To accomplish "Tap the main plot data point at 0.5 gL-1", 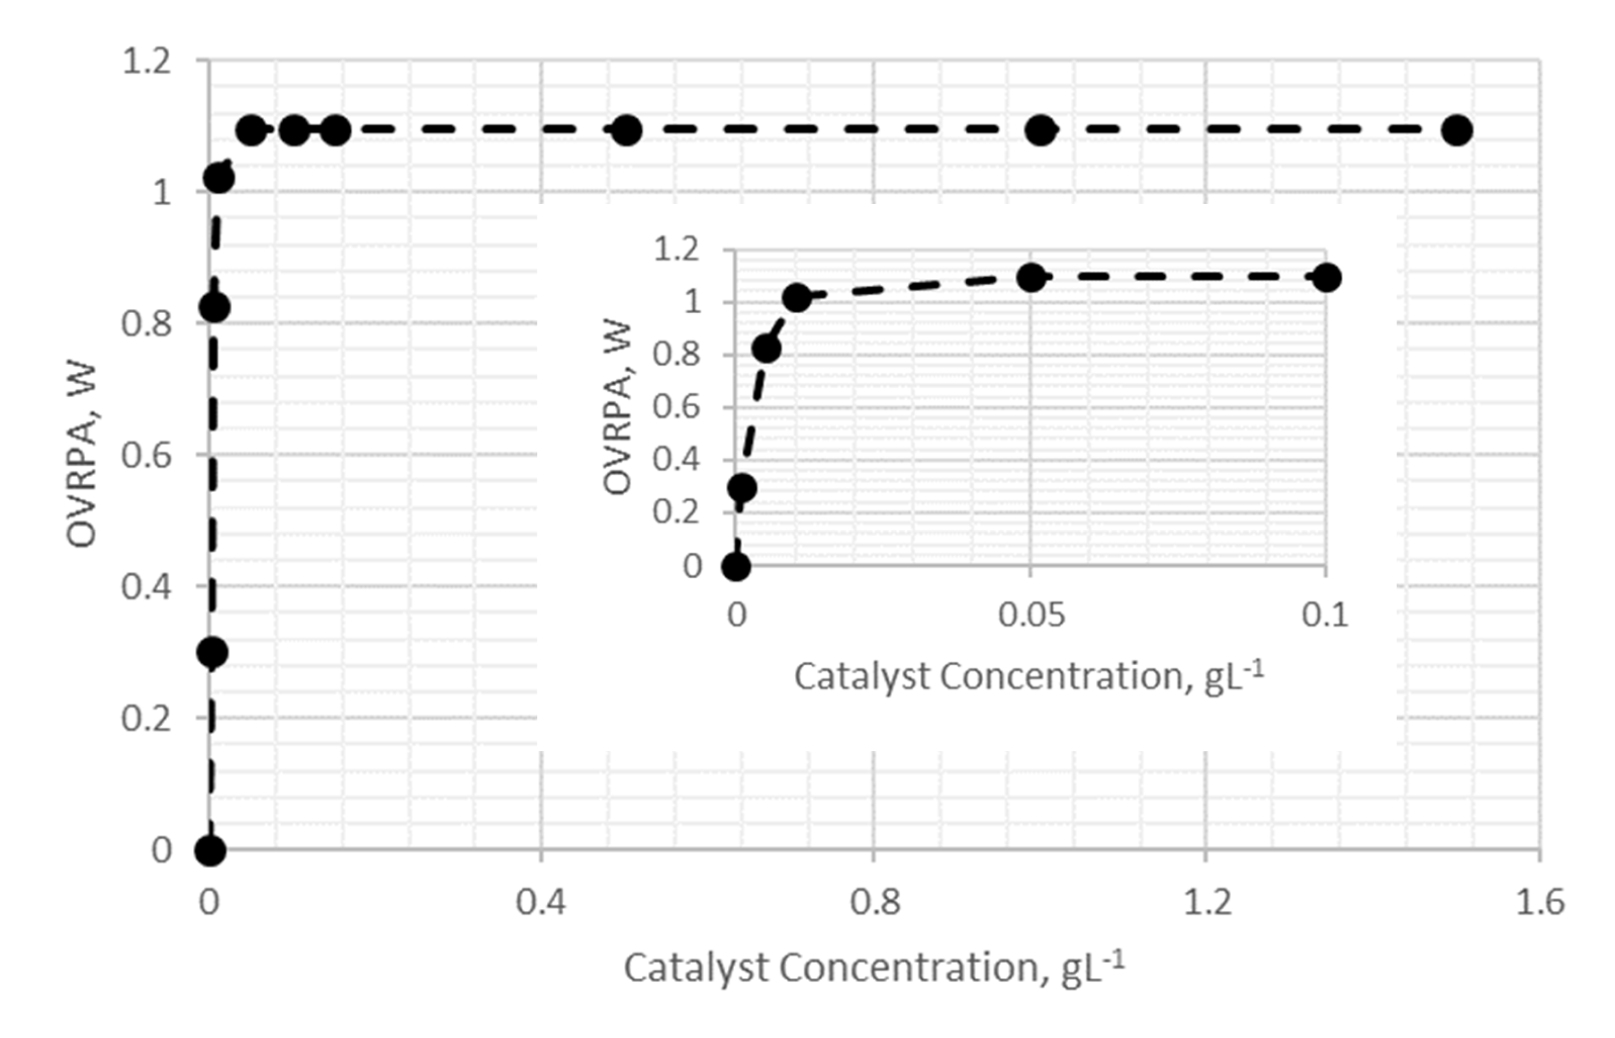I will (626, 129).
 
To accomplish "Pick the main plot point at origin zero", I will (210, 850).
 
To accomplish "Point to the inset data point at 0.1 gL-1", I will (1326, 278).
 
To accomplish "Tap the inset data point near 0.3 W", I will (742, 487).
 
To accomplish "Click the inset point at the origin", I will (736, 566).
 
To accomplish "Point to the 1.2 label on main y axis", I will (146, 62).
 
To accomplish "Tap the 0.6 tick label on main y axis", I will (146, 456).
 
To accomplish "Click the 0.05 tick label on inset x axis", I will (1031, 615).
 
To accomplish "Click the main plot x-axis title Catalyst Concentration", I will (873, 969).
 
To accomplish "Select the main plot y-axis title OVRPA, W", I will (82, 456).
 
